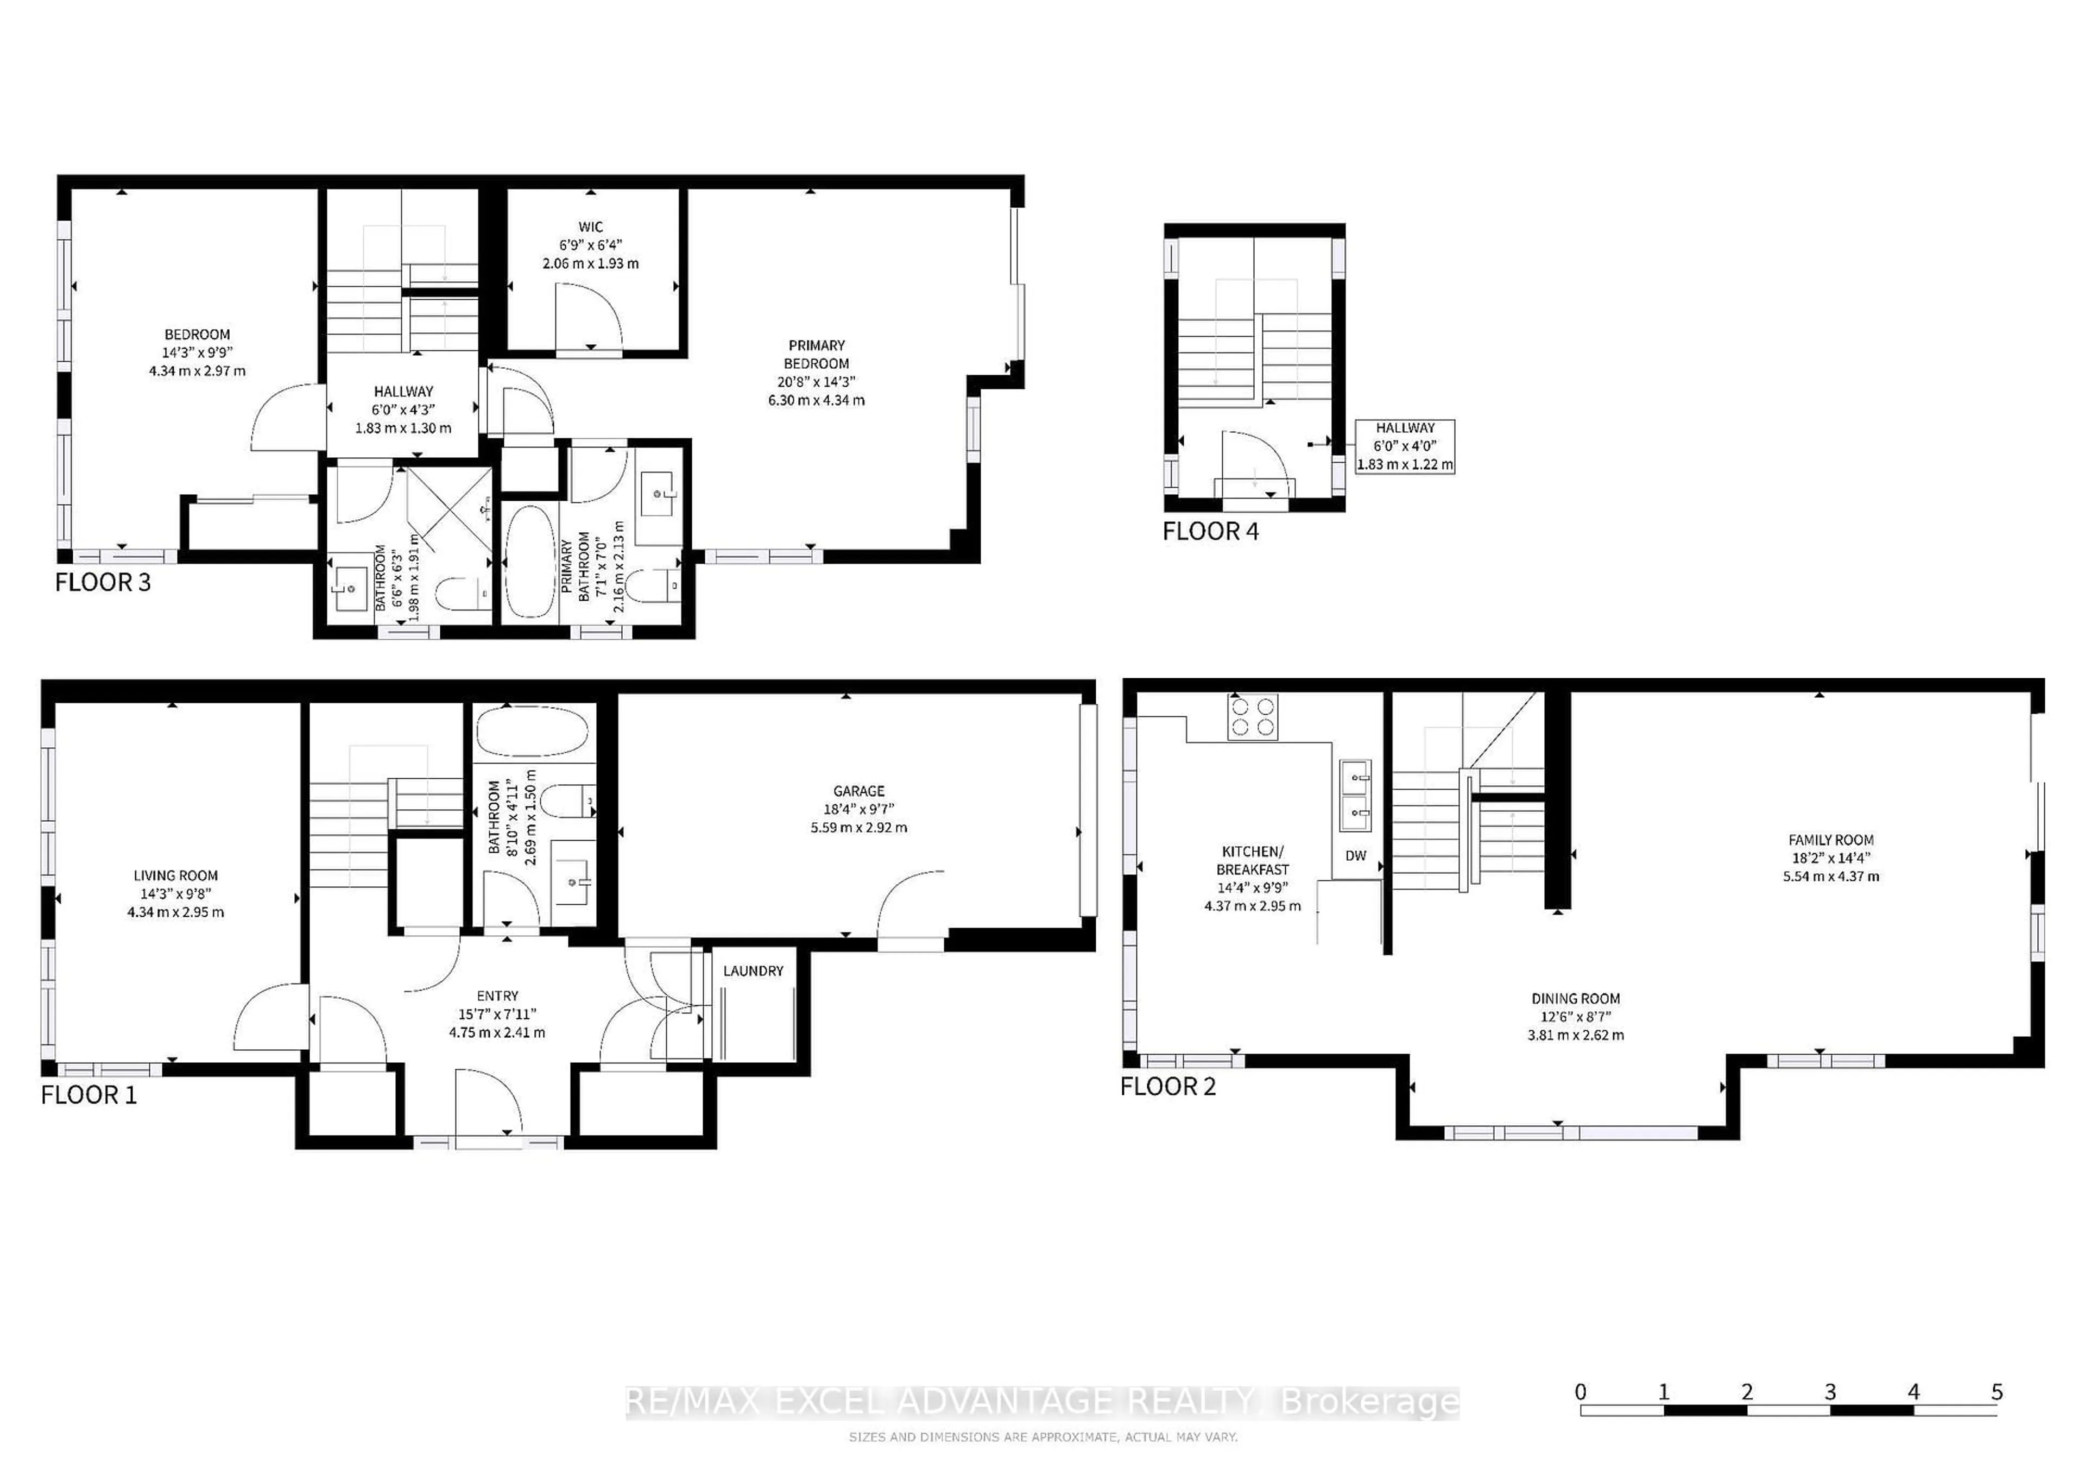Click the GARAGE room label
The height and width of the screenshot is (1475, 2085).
[x=858, y=791]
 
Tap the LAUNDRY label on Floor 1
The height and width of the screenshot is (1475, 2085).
[x=753, y=971]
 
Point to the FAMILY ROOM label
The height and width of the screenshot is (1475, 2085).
[x=1831, y=840]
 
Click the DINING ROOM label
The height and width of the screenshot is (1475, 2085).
[x=1576, y=998]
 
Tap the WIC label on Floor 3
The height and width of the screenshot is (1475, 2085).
[x=590, y=227]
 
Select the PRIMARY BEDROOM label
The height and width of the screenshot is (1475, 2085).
[x=817, y=354]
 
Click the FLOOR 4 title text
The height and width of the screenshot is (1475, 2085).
[x=1210, y=531]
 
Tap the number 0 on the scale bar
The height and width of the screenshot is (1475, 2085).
[x=1581, y=1391]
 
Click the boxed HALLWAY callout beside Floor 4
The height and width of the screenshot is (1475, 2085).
[x=1404, y=446]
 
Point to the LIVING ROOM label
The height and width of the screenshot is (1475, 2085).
[x=175, y=875]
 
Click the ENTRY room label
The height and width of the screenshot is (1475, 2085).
[x=497, y=997]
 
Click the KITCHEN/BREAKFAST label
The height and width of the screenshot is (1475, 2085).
[x=1252, y=860]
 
